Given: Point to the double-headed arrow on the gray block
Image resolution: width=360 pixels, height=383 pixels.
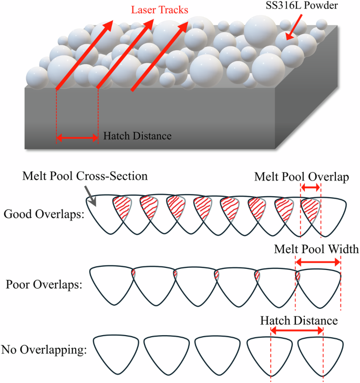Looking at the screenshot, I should click(77, 138).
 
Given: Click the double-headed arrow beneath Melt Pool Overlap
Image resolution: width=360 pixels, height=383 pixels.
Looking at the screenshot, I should click(310, 188).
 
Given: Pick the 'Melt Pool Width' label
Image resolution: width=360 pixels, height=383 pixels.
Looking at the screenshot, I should click(316, 249).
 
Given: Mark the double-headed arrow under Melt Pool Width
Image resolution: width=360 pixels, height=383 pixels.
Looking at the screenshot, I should click(318, 260).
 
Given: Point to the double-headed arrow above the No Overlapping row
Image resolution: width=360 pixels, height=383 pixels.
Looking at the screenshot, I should click(296, 330).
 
